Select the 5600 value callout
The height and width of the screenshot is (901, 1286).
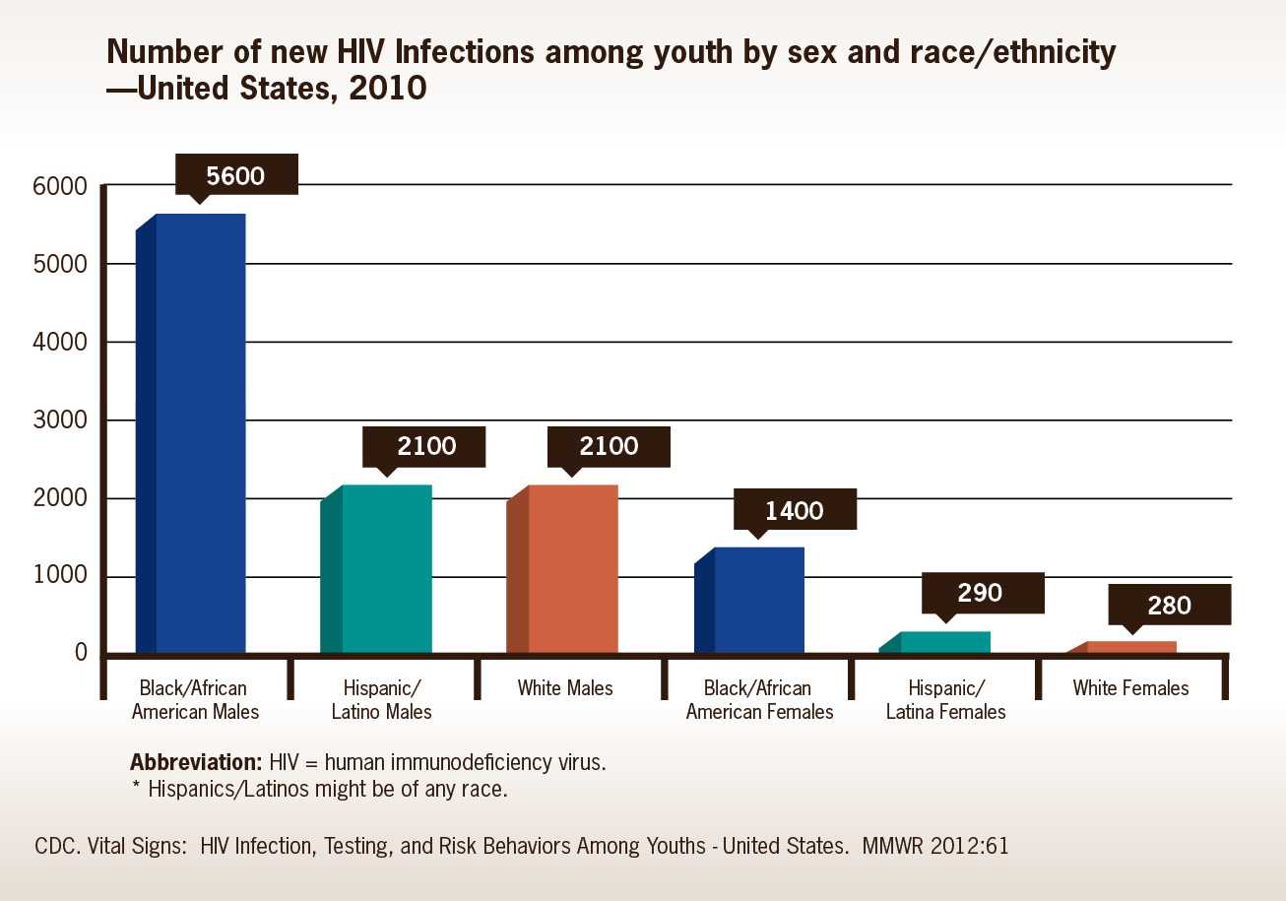[x=236, y=176]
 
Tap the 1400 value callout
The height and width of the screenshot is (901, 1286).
[x=795, y=510]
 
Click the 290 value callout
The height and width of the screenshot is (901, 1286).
[x=981, y=593]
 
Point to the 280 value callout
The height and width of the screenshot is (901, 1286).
[x=1169, y=605]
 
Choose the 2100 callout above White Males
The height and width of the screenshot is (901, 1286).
[x=609, y=446]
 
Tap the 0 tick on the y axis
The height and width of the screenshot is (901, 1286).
[x=82, y=654]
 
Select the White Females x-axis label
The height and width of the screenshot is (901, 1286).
[x=1130, y=688]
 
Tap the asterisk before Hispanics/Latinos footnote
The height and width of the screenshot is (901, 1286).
[x=136, y=788]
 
